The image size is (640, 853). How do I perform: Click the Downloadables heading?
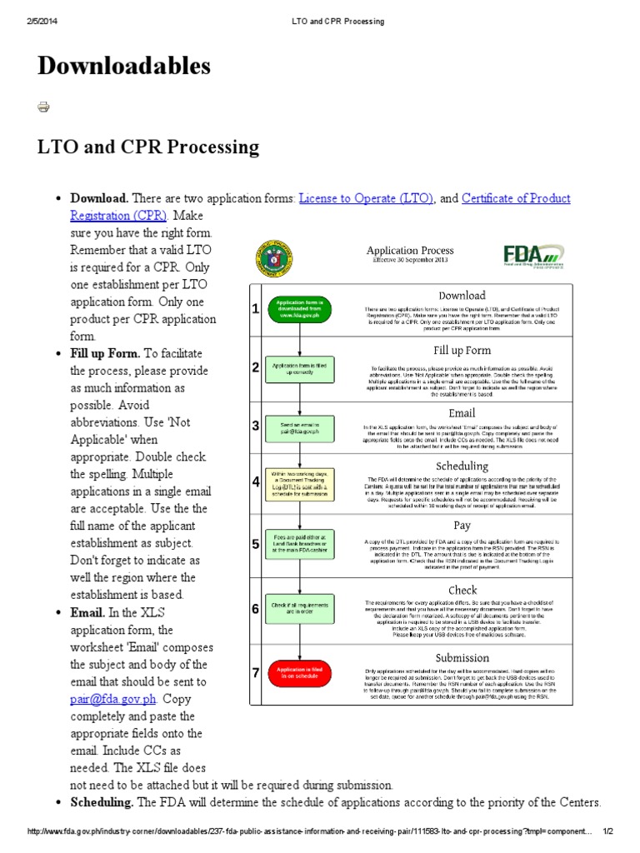[123, 66]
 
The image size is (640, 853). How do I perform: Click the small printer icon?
[43, 107]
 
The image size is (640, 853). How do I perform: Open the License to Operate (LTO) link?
[366, 199]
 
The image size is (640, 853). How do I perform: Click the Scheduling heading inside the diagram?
[462, 466]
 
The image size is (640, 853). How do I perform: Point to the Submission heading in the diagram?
[462, 657]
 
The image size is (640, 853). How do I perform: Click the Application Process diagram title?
[410, 250]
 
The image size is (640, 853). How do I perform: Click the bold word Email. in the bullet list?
[87, 612]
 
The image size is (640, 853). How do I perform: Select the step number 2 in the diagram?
[256, 367]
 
